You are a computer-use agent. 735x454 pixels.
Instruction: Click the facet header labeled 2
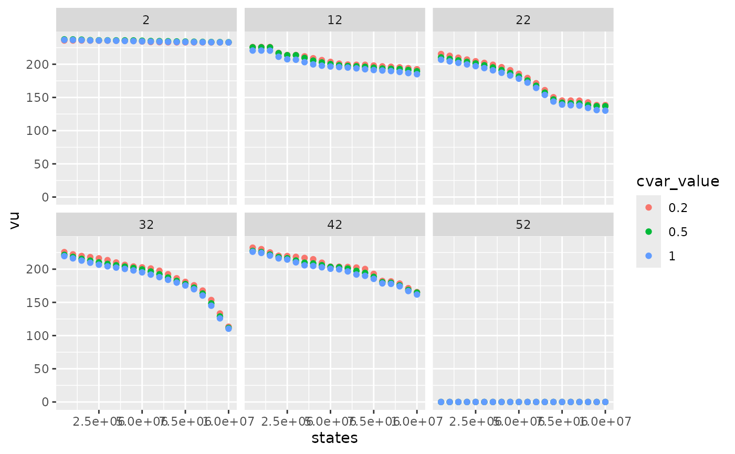click(x=146, y=20)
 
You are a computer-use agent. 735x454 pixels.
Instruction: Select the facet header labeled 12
click(x=334, y=20)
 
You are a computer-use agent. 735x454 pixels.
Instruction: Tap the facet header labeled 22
click(x=523, y=20)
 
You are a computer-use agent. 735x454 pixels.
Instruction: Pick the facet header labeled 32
click(x=146, y=225)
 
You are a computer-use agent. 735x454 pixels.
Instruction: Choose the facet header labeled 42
click(x=334, y=225)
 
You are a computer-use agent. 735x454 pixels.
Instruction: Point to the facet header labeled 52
click(x=523, y=225)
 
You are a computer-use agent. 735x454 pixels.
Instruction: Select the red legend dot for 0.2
click(x=648, y=207)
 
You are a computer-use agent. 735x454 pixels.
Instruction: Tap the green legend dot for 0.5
click(x=648, y=231)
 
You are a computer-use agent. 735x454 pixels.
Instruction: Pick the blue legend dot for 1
click(x=648, y=256)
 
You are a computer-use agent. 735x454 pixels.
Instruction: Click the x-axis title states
click(x=334, y=438)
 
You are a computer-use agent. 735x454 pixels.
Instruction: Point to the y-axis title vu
click(x=15, y=222)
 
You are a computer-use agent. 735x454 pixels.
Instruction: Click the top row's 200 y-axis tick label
click(x=41, y=64)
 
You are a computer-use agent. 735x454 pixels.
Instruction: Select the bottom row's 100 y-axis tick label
click(x=41, y=335)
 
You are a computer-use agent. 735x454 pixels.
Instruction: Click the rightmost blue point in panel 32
click(x=228, y=328)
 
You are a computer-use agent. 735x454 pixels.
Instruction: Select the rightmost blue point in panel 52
click(x=605, y=402)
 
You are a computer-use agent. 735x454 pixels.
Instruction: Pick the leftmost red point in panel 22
click(x=441, y=55)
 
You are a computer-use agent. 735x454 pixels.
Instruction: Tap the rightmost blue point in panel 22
click(x=605, y=110)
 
